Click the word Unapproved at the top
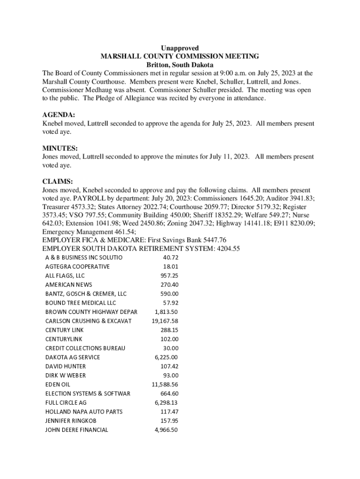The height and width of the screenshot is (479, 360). pos(180,48)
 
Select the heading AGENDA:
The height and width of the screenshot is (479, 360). pos(58,115)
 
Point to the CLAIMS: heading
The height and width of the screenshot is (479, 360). pos(58,181)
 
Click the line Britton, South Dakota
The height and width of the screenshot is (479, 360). pos(180,65)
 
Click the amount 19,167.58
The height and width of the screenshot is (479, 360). pos(165,321)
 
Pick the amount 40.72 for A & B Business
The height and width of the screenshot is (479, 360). pos(171,258)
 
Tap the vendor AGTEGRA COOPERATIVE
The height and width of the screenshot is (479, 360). pos(77,267)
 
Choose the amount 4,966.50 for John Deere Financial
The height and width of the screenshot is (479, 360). pos(166,430)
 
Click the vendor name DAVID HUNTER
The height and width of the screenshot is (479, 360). pos(65,366)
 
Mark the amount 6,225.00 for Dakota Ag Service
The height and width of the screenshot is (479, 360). pos(166,357)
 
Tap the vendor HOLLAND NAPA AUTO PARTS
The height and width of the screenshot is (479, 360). pos(84,412)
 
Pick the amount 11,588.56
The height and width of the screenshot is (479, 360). pos(165,385)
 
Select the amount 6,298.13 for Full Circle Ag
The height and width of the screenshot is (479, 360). pos(166,402)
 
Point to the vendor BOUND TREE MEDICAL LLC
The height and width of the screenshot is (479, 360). pos(80,303)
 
